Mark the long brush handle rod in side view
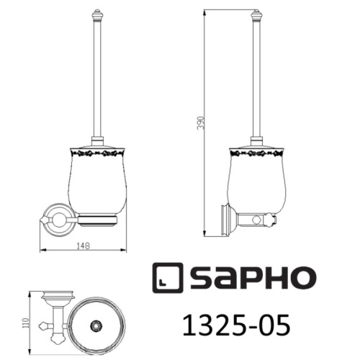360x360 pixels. click(x=255, y=79)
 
